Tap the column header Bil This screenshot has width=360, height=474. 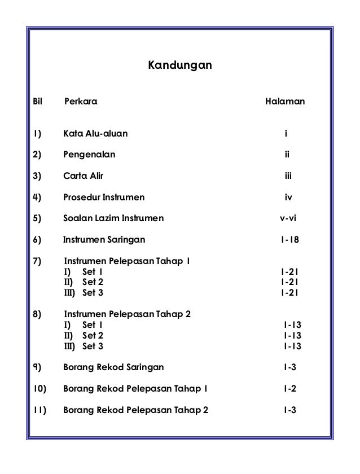point(38,103)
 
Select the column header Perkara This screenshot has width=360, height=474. point(81,103)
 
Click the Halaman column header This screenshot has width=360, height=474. point(285,103)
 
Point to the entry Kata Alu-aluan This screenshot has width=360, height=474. point(95,134)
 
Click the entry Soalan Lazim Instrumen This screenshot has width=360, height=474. point(113,218)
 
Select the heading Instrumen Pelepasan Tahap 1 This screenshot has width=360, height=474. point(128,262)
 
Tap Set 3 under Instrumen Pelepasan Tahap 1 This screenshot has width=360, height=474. point(93,292)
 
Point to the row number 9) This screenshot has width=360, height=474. point(38,367)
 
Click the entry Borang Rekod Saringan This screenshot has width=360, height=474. point(114,367)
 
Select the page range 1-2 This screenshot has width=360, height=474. point(289,389)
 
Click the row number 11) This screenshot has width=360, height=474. point(40,410)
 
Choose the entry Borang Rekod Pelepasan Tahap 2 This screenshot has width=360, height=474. point(135,410)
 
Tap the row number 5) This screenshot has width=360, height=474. point(38,218)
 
